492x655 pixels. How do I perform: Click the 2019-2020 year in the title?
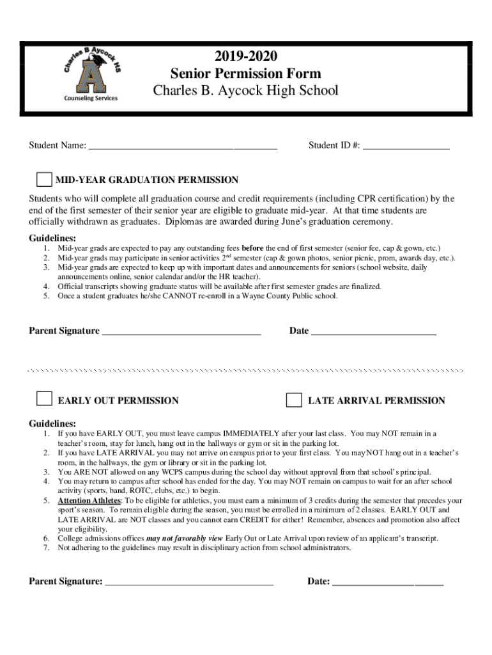246,56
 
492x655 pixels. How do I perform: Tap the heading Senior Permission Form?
246,74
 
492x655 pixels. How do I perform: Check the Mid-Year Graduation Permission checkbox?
44,180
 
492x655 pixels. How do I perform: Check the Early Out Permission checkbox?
44,399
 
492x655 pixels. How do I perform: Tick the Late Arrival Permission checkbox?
294,400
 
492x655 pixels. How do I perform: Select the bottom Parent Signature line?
189,583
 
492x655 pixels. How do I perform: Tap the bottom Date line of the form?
388,583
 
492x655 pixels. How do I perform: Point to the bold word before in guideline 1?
252,248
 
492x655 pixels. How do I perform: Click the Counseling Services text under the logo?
89,98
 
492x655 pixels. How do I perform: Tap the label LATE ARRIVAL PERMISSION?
376,401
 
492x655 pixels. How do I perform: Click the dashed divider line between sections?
246,370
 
